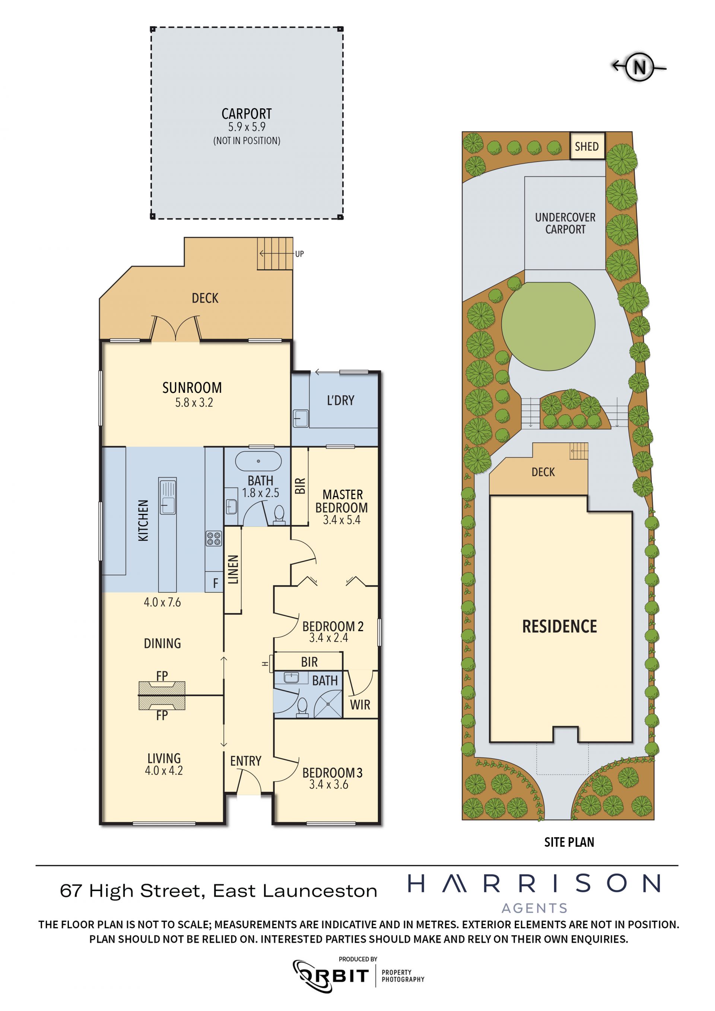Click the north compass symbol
638,67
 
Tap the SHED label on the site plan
587,146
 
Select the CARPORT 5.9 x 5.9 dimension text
247,127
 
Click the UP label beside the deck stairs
299,254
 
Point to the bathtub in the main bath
258,461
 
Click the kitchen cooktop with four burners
214,538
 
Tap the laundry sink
301,418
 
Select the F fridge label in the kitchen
215,583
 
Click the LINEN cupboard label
233,569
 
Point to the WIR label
360,705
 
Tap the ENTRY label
246,761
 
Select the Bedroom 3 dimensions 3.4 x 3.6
328,784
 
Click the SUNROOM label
192,388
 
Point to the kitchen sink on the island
167,496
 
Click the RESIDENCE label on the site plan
560,626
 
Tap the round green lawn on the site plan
548,324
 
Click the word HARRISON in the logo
534,883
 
